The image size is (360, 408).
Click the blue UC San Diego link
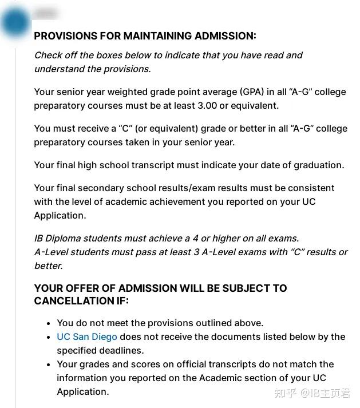point(87,336)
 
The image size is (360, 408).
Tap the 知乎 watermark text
point(284,393)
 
